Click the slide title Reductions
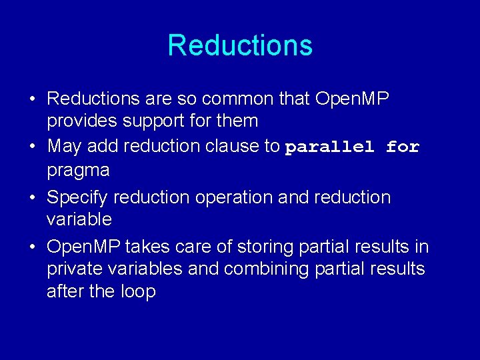point(240,45)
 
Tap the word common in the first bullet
point(237,99)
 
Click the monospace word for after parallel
point(403,147)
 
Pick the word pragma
point(78,171)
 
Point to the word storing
point(249,247)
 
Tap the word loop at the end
point(138,291)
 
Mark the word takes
point(146,247)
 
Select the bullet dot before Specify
point(32,198)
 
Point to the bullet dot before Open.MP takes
point(32,247)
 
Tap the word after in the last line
point(63,291)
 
